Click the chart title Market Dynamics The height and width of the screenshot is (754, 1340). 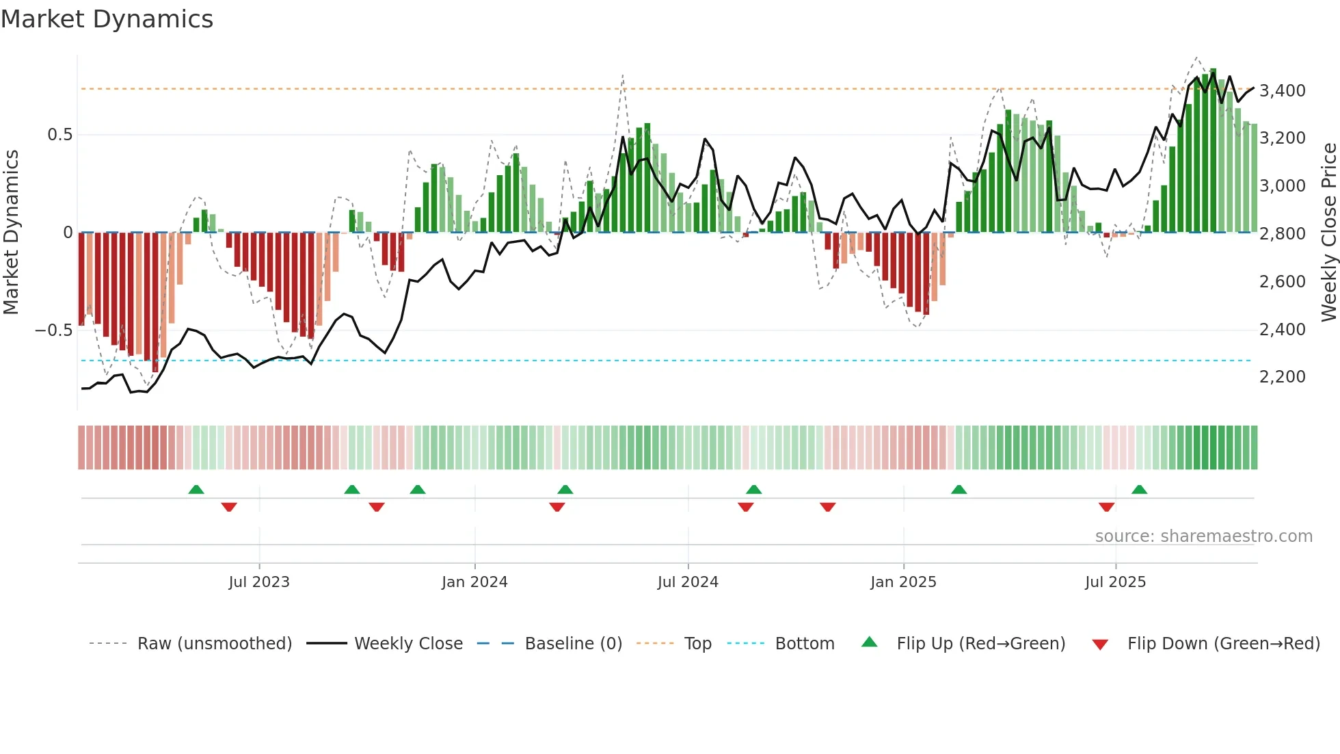coord(107,19)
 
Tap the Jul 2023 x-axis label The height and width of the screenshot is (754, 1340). coord(259,582)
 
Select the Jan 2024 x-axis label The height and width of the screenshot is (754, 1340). coord(474,582)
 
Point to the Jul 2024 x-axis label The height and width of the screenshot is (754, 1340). coord(688,582)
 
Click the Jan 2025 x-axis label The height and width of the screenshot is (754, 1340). coord(903,582)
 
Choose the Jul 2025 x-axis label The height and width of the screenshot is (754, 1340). coord(1115,582)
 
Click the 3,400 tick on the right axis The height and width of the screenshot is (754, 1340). coord(1282,91)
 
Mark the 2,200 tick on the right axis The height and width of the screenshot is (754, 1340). coord(1282,377)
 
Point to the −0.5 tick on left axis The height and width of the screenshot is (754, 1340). coord(54,330)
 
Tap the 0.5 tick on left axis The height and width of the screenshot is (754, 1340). coord(59,135)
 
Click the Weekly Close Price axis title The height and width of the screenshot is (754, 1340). coord(1328,233)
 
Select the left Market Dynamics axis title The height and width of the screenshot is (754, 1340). coord(11,233)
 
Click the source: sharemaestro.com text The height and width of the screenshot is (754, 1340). coord(1203,536)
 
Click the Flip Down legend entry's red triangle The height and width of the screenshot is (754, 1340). coord(1100,645)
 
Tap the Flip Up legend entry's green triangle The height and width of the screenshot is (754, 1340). coord(869,642)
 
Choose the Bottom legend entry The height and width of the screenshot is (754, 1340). coord(804,644)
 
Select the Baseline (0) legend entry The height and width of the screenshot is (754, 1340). coord(573,644)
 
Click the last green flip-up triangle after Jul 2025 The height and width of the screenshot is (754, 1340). coord(1139,489)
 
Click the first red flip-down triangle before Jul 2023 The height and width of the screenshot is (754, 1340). coord(229,507)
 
